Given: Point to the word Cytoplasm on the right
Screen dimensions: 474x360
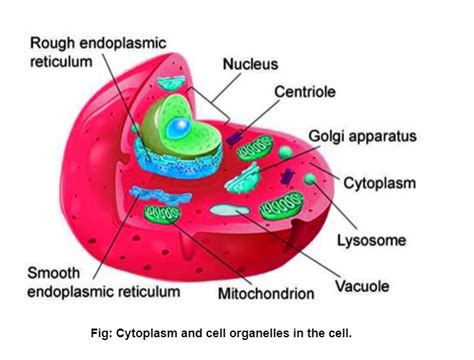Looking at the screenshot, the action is [381, 182].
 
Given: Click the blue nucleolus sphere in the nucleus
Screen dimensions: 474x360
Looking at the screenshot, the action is [178, 127].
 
